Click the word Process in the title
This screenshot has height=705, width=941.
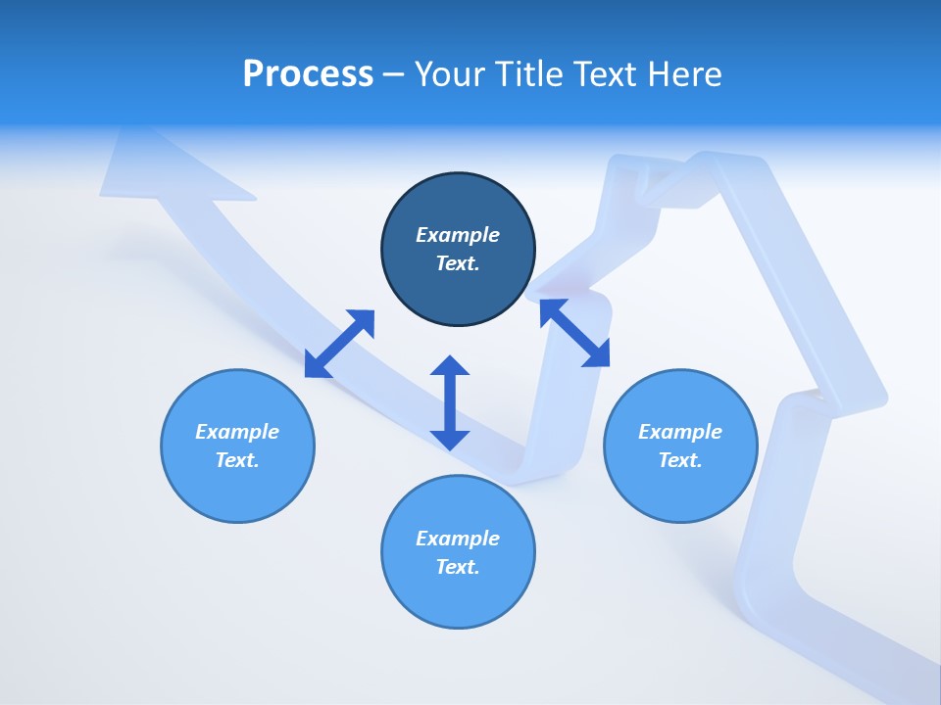click(308, 74)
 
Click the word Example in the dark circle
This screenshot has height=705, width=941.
click(458, 235)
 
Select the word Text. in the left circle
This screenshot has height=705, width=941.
click(237, 460)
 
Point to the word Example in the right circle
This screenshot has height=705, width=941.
click(680, 432)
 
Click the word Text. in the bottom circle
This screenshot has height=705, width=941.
click(458, 567)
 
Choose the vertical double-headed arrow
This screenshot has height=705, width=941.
click(450, 402)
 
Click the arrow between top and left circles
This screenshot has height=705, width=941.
click(339, 344)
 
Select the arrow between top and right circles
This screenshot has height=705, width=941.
click(575, 333)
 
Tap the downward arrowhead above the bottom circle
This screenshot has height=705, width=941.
click(450, 439)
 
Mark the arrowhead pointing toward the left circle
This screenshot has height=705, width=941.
click(316, 366)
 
